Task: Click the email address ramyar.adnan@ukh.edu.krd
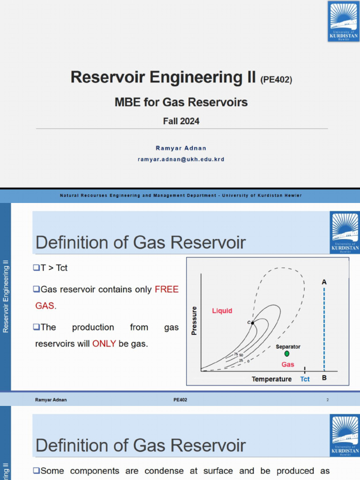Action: tap(180, 159)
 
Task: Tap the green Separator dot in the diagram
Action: tap(287, 353)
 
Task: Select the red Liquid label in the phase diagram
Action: tap(222, 311)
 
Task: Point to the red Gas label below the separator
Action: tap(288, 364)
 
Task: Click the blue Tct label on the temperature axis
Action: tap(305, 379)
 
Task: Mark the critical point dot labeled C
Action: tap(253, 322)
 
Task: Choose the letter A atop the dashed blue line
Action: tap(324, 282)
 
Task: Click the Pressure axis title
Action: tap(194, 321)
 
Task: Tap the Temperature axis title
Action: tap(271, 379)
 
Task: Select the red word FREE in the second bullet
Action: tap(166, 290)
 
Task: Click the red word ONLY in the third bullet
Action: tap(104, 344)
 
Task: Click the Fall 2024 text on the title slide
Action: tap(181, 121)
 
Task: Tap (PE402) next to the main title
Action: tap(276, 80)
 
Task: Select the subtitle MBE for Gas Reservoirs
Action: tap(181, 102)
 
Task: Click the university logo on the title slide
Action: tap(344, 21)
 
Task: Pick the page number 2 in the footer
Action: tap(328, 400)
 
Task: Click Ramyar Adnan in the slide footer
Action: tap(51, 400)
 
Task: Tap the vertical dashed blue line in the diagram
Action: tap(324, 328)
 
